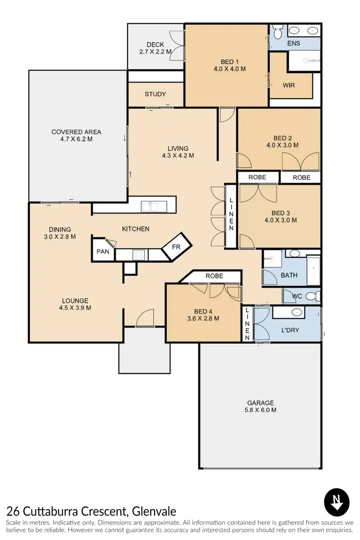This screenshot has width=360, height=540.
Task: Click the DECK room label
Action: point(155,45)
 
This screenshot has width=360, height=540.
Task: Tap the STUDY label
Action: point(155,94)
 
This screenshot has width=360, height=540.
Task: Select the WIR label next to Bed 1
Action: point(288,85)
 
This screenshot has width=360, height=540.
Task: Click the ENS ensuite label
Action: point(293,44)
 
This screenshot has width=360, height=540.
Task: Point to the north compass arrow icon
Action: point(337,503)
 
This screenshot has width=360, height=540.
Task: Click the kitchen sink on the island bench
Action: point(154,206)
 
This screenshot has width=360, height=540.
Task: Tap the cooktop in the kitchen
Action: point(139,255)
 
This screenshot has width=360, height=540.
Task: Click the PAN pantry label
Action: point(103,252)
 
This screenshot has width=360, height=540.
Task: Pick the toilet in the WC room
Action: point(311,296)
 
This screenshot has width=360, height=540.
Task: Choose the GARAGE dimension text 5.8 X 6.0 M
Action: point(261,410)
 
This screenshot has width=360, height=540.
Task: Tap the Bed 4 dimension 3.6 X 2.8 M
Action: point(203,318)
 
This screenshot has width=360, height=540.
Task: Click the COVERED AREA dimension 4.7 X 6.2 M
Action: point(76,140)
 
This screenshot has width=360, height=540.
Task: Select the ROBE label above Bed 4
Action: point(214,276)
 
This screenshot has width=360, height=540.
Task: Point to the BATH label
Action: point(289,276)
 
